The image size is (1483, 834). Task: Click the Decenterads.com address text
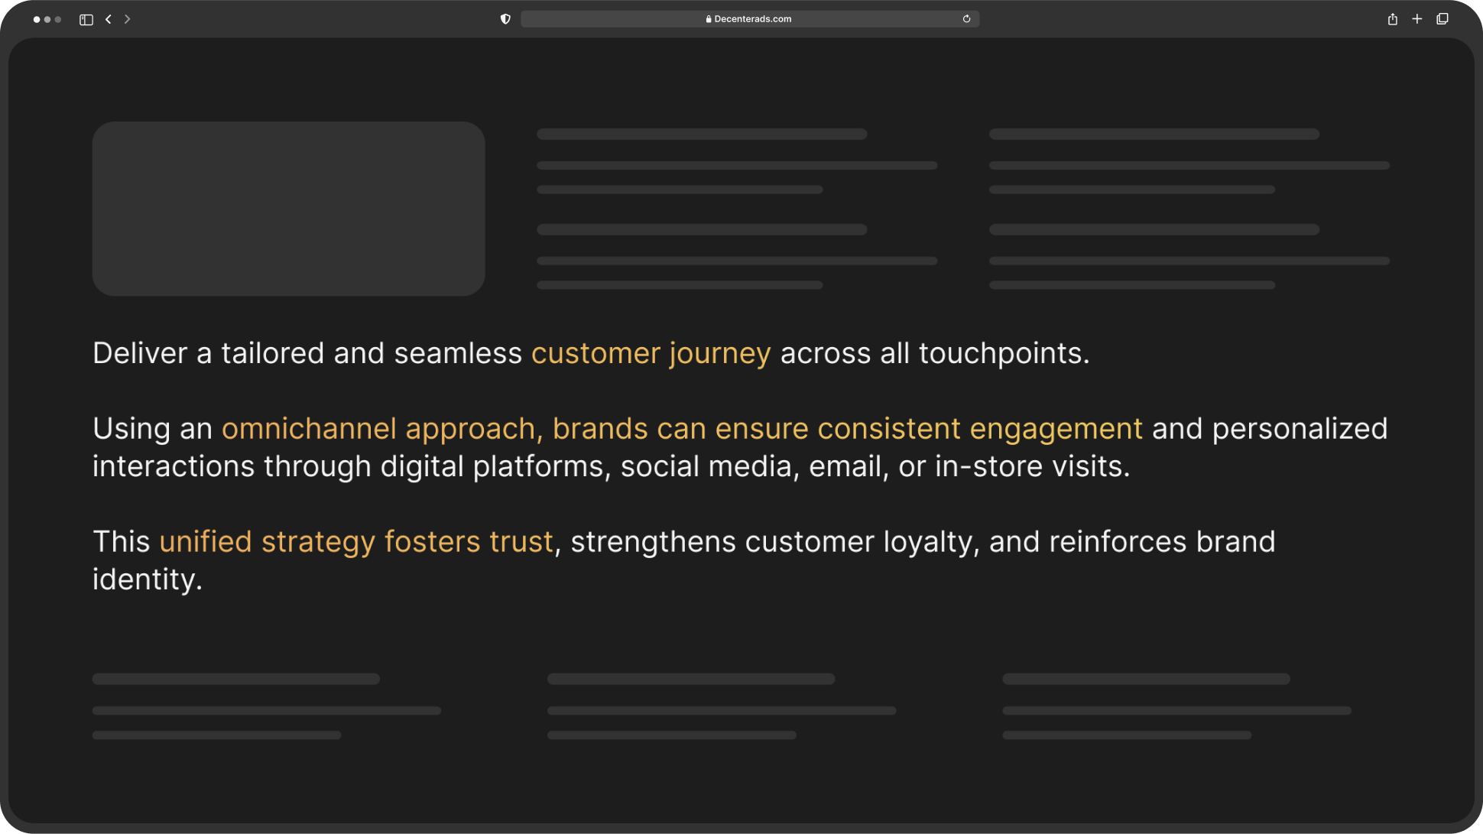click(x=753, y=19)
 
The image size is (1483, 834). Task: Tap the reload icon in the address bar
click(x=966, y=19)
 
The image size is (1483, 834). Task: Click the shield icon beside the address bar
click(x=505, y=19)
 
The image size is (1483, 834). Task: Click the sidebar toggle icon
click(x=86, y=20)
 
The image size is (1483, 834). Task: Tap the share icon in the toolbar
click(x=1393, y=19)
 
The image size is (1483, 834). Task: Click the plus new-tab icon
click(x=1417, y=19)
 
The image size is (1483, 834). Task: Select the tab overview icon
click(x=1442, y=19)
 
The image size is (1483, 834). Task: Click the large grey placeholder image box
click(x=289, y=209)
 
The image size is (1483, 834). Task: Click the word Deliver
click(x=140, y=353)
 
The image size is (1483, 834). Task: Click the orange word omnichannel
click(x=309, y=429)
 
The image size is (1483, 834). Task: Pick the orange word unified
click(x=206, y=542)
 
